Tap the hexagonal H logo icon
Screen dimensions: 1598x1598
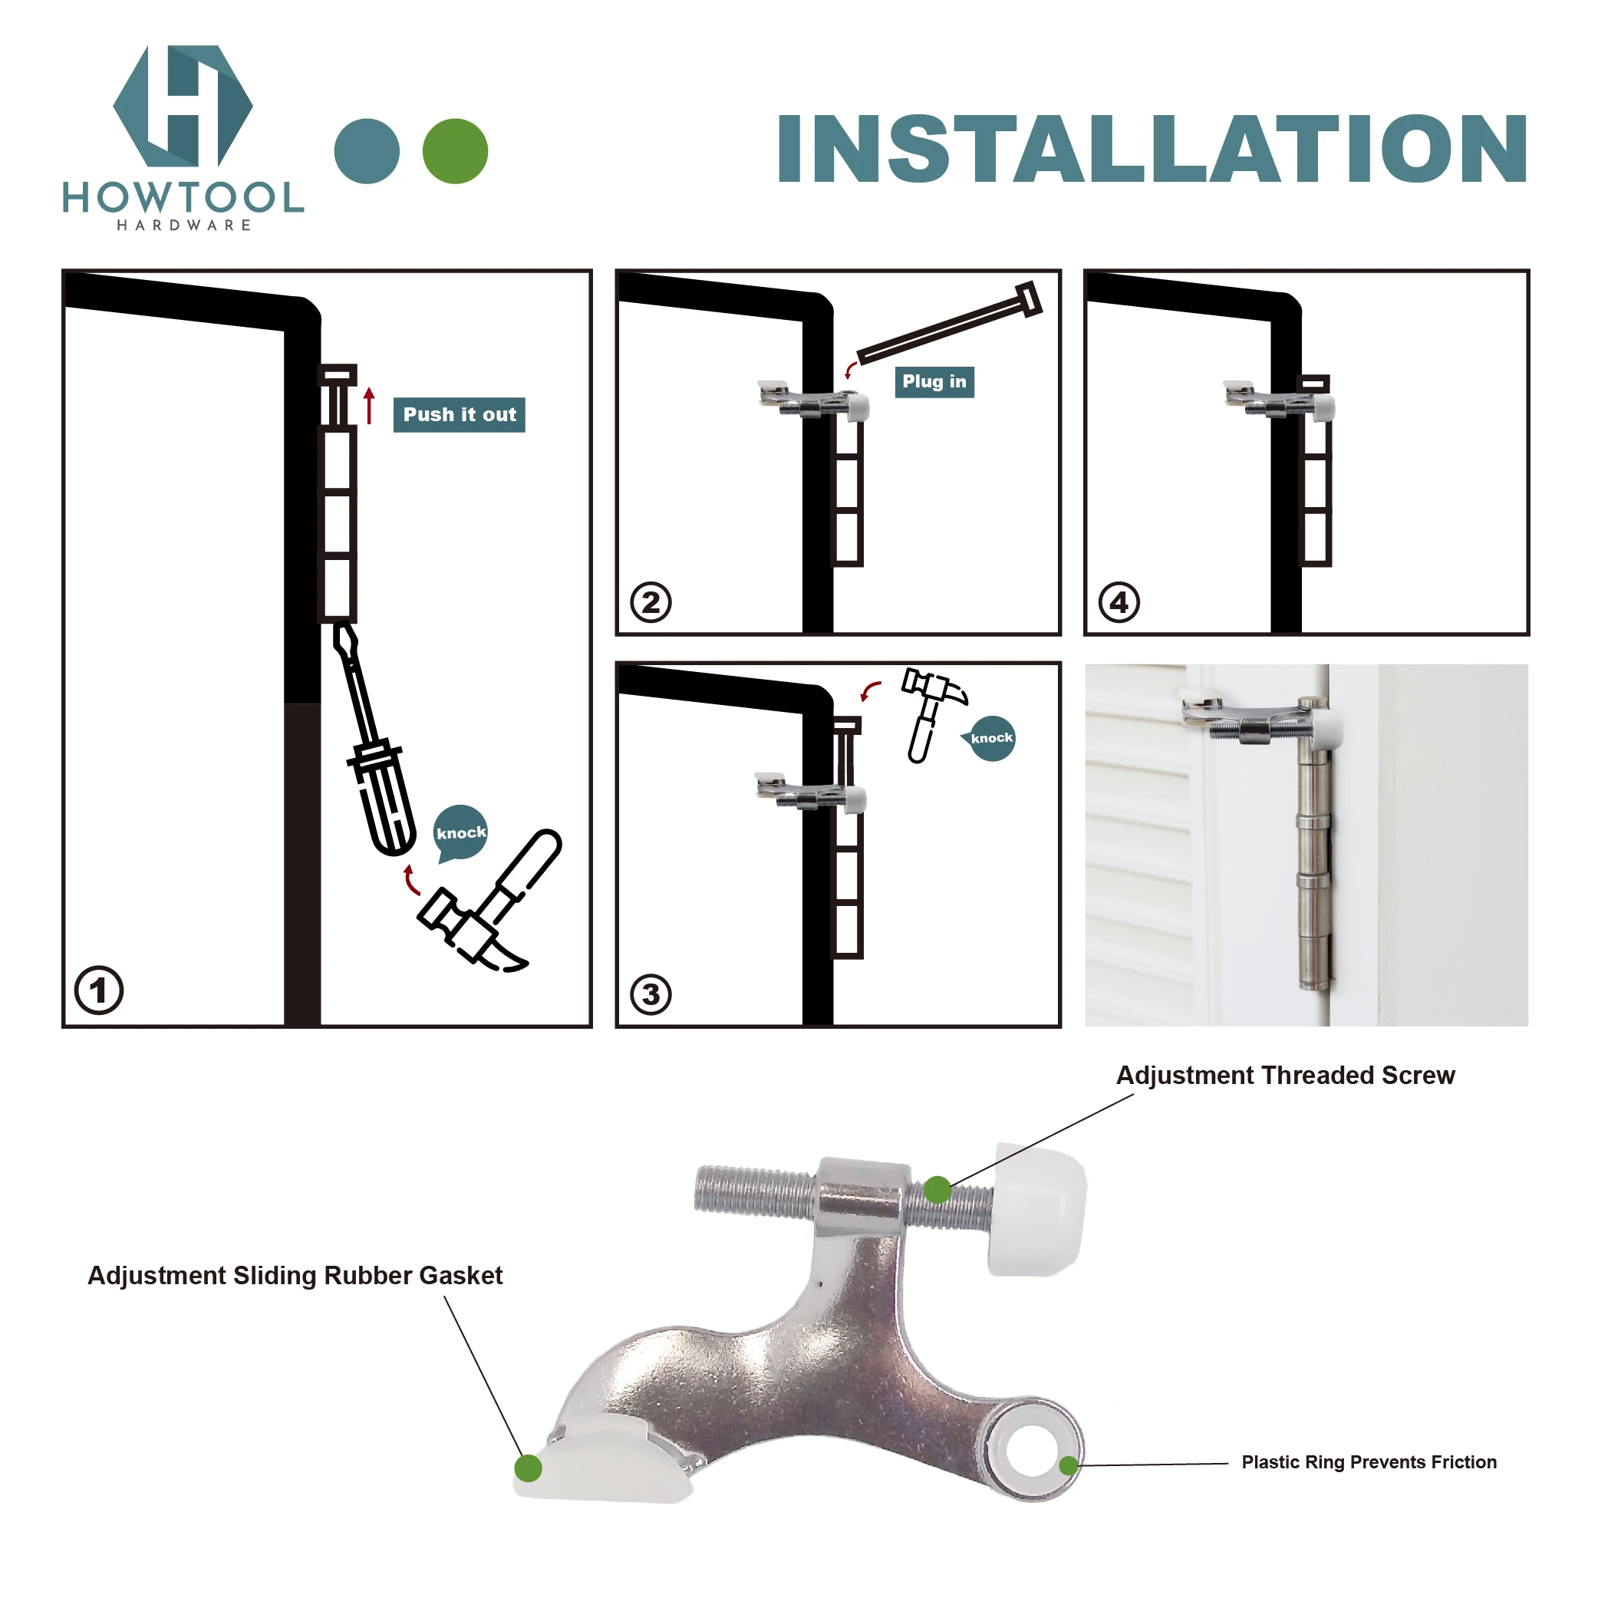click(x=183, y=106)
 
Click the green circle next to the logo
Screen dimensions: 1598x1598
click(x=455, y=151)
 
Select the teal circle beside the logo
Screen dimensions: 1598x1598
click(x=367, y=151)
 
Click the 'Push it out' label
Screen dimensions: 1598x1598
click(x=459, y=414)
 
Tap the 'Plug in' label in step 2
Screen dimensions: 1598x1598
click(x=934, y=381)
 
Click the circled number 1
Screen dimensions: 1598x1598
click(x=98, y=990)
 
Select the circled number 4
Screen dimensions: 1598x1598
click(x=1119, y=602)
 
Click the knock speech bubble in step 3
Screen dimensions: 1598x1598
click(x=991, y=738)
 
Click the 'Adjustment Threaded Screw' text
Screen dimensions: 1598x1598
click(x=1285, y=1076)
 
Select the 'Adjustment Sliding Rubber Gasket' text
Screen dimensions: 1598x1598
click(x=295, y=1276)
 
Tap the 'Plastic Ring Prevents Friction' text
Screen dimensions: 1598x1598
click(x=1369, y=1462)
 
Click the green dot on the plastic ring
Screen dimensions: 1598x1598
click(x=1068, y=1465)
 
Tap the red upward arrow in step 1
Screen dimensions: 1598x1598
click(x=370, y=405)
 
